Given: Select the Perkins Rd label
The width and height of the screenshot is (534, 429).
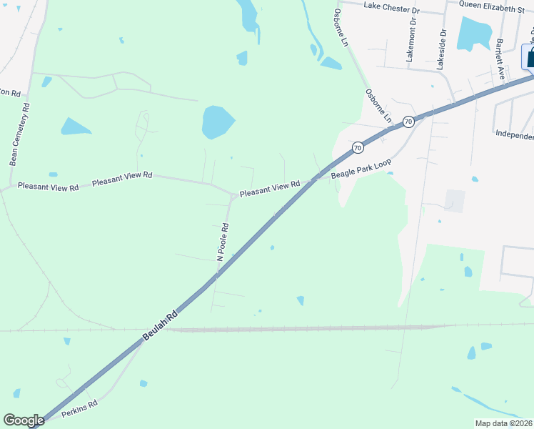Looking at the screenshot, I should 79,408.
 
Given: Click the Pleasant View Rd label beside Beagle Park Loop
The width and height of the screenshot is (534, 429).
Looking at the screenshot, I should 269,189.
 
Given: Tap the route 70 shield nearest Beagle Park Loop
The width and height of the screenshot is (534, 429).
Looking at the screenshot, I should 357,147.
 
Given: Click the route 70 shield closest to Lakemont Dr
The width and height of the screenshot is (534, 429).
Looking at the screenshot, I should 407,122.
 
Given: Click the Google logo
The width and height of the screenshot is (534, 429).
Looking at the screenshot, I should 24,420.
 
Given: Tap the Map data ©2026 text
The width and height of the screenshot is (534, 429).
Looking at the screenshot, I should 503,423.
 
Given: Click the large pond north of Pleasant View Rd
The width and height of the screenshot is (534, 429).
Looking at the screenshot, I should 217,122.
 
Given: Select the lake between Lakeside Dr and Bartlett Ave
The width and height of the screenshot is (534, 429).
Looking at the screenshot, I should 474,34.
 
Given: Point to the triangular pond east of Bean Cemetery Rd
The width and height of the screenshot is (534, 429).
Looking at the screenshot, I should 75,127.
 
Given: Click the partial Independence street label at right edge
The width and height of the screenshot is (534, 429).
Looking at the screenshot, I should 515,134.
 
